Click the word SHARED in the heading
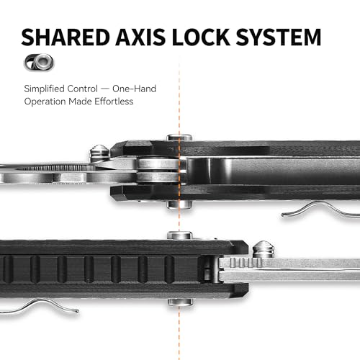point(66,37)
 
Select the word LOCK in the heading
point(201,37)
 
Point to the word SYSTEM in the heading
point(279,37)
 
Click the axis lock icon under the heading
point(39,63)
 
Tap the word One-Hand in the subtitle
point(134,89)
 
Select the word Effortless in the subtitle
point(114,102)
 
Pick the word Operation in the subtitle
point(45,102)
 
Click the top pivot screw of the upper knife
point(179,138)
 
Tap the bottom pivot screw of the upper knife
point(179,204)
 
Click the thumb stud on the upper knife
point(99,153)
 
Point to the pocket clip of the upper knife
point(319,210)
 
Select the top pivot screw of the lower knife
point(179,235)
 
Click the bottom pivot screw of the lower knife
point(180,302)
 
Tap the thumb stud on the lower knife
point(264,250)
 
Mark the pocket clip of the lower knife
point(40,307)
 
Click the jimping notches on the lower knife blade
point(246,263)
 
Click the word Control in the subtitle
point(83,89)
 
